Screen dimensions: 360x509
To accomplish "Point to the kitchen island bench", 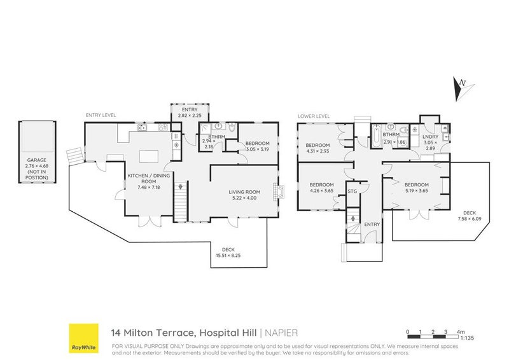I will point(148,155).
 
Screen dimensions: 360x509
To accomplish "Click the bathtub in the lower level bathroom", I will point(376,135).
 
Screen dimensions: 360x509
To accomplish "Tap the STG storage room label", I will point(351,189).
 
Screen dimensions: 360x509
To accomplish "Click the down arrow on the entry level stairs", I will point(181,188).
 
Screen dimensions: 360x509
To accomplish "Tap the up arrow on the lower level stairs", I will point(352,218).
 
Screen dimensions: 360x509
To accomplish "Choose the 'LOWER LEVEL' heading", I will point(313,116).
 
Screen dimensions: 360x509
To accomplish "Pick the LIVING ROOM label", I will point(245,191).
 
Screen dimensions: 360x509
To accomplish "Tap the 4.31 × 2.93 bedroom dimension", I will point(317,150).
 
